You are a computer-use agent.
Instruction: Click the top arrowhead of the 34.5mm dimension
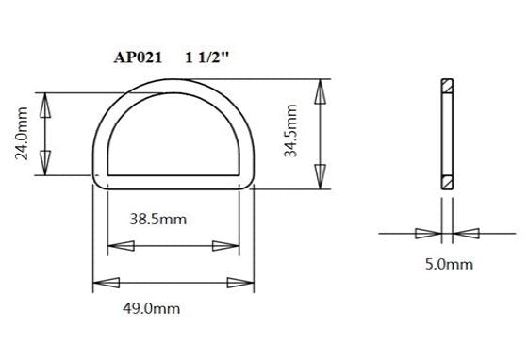(x=321, y=91)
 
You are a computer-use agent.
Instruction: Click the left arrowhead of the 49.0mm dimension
(x=105, y=282)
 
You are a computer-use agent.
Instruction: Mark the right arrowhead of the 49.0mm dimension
(x=242, y=282)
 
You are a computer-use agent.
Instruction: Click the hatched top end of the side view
(x=446, y=89)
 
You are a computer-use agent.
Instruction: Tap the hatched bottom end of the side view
(x=446, y=180)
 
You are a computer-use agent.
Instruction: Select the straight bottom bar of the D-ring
(x=173, y=180)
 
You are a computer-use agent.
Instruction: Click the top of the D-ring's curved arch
(x=173, y=83)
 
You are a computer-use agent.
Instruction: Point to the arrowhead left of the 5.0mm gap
(x=427, y=233)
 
